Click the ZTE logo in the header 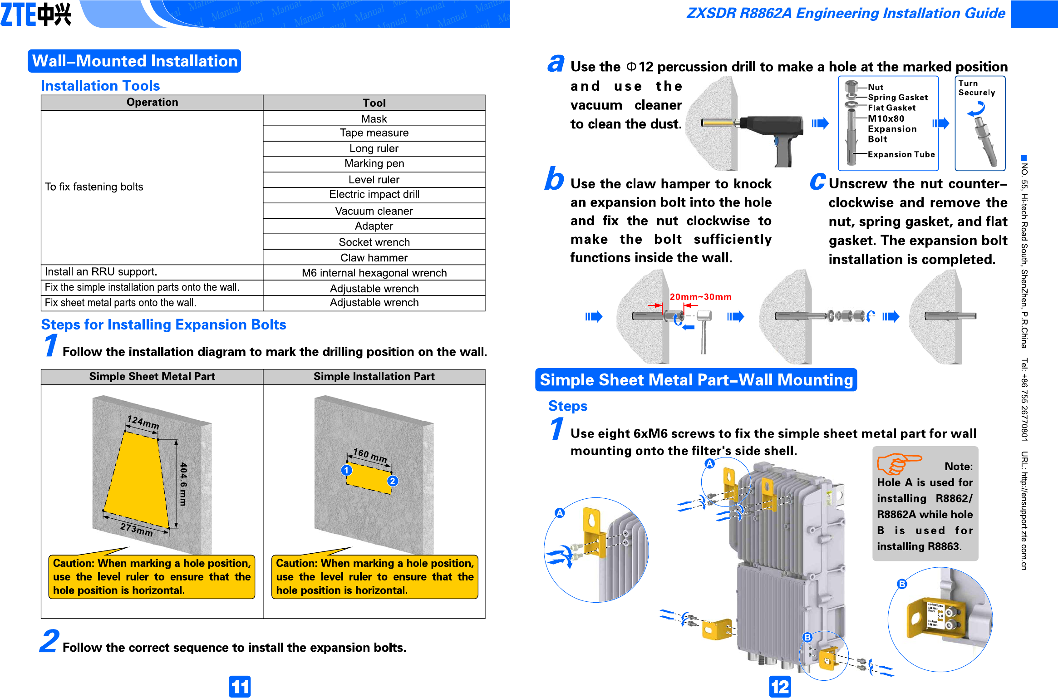pyautogui.click(x=35, y=14)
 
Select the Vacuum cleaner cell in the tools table pyautogui.click(x=374, y=211)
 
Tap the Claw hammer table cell pyautogui.click(x=374, y=258)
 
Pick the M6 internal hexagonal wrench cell pyautogui.click(x=374, y=273)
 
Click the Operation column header pyautogui.click(x=152, y=103)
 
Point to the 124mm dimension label pyautogui.click(x=143, y=423)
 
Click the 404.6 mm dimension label pyautogui.click(x=183, y=484)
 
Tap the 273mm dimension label pyautogui.click(x=136, y=529)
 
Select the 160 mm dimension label pyautogui.click(x=370, y=455)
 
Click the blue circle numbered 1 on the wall pyautogui.click(x=346, y=470)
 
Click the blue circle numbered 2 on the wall pyautogui.click(x=393, y=481)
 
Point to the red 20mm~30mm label pyautogui.click(x=700, y=297)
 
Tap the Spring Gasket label pyautogui.click(x=897, y=98)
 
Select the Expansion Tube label pyautogui.click(x=901, y=154)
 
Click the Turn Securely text pyautogui.click(x=976, y=88)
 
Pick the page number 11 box pyautogui.click(x=240, y=687)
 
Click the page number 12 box pyautogui.click(x=780, y=687)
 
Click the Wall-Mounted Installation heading pyautogui.click(x=135, y=61)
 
